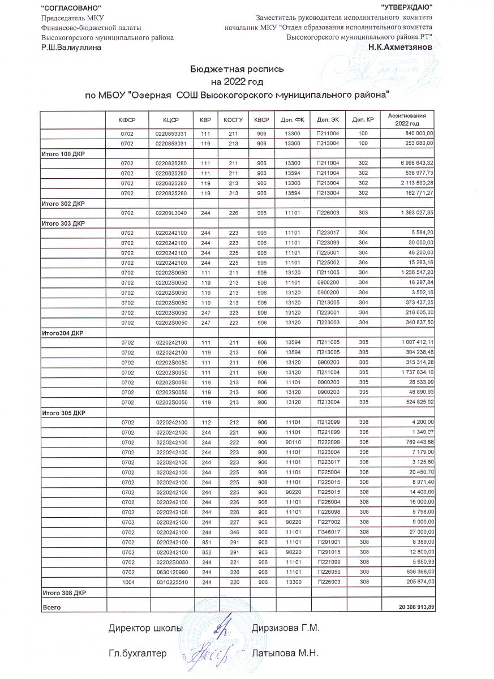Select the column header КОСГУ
pyautogui.click(x=233, y=121)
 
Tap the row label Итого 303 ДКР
pyautogui.click(x=63, y=224)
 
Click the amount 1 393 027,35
pyautogui.click(x=417, y=213)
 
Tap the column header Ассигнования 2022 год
pyautogui.click(x=407, y=119)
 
